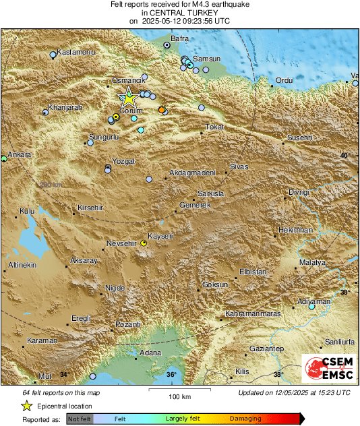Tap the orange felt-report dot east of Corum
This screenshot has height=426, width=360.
(x=161, y=109)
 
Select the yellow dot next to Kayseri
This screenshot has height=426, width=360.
(x=143, y=243)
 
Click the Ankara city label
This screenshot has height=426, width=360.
(x=18, y=154)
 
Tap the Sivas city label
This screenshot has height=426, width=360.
(x=239, y=166)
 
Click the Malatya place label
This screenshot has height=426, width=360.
(x=313, y=261)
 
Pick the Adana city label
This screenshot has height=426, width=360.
(x=150, y=353)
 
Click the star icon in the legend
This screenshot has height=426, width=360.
(x=26, y=406)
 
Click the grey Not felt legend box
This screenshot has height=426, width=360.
(x=80, y=419)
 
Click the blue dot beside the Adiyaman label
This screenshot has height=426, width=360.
(x=311, y=306)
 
